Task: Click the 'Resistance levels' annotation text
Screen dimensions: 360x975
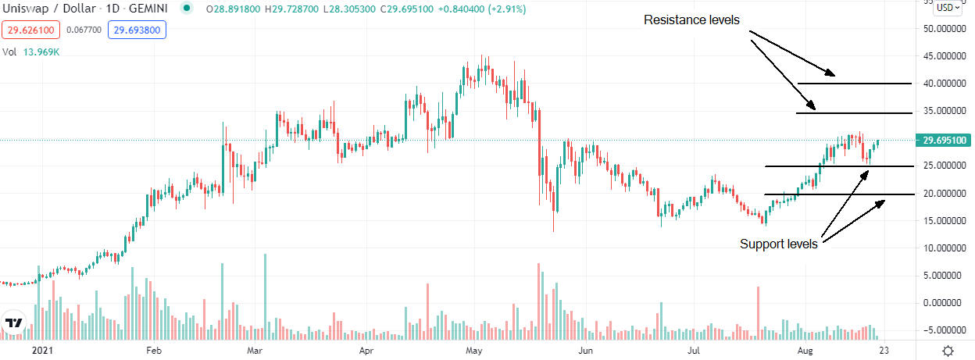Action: point(691,20)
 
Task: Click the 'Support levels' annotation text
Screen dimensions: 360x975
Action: point(778,244)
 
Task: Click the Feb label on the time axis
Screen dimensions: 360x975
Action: point(154,351)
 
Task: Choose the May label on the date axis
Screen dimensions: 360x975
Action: point(473,351)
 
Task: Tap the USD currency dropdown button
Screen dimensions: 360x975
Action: point(948,7)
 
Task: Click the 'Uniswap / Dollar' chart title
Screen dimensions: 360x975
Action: point(40,9)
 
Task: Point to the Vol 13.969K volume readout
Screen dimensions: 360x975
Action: point(31,53)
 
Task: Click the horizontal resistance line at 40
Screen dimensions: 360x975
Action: point(854,83)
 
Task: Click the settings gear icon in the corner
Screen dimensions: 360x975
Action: point(948,351)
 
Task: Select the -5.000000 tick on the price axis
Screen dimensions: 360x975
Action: point(943,330)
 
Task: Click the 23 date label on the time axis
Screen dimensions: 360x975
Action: point(884,351)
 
